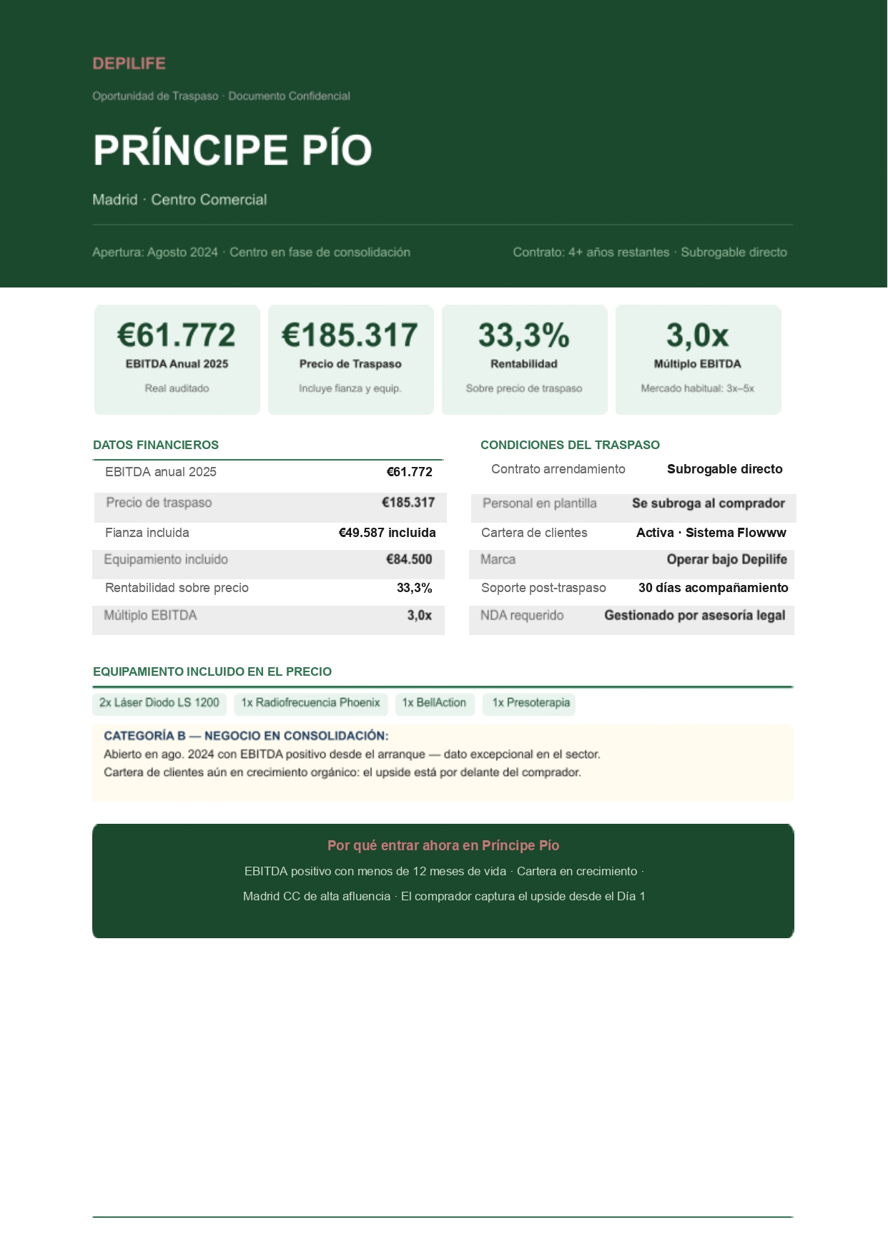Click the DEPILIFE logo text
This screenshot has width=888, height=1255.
coord(129,64)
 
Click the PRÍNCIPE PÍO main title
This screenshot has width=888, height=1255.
coord(232,150)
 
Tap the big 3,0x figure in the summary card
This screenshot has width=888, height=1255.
coord(697,335)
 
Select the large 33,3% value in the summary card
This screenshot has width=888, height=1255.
coord(523,335)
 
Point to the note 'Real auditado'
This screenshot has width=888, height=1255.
coord(177,388)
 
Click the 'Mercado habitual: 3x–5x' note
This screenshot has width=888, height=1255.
coord(697,388)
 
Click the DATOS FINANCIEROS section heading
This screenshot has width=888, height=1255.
coord(156,445)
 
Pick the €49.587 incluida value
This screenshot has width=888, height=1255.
coord(387,533)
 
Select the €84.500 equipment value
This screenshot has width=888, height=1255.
coord(409,559)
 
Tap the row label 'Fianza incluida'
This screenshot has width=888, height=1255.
coord(147,533)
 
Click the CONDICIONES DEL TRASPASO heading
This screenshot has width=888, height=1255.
coord(570,445)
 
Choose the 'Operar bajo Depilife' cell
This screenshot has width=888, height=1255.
coord(726,559)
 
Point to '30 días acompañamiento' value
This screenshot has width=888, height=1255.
coord(713,588)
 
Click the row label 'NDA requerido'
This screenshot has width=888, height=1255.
coord(522,616)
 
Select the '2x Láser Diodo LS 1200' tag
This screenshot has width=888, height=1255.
coord(159,703)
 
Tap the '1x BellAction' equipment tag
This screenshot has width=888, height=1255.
coord(434,703)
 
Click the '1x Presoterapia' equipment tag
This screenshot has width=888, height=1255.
coord(531,703)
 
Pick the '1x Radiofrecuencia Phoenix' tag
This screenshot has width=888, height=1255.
coord(310,703)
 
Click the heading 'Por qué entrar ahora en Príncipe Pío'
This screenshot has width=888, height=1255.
coord(443,845)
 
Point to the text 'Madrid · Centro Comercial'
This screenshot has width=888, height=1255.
coord(179,200)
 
